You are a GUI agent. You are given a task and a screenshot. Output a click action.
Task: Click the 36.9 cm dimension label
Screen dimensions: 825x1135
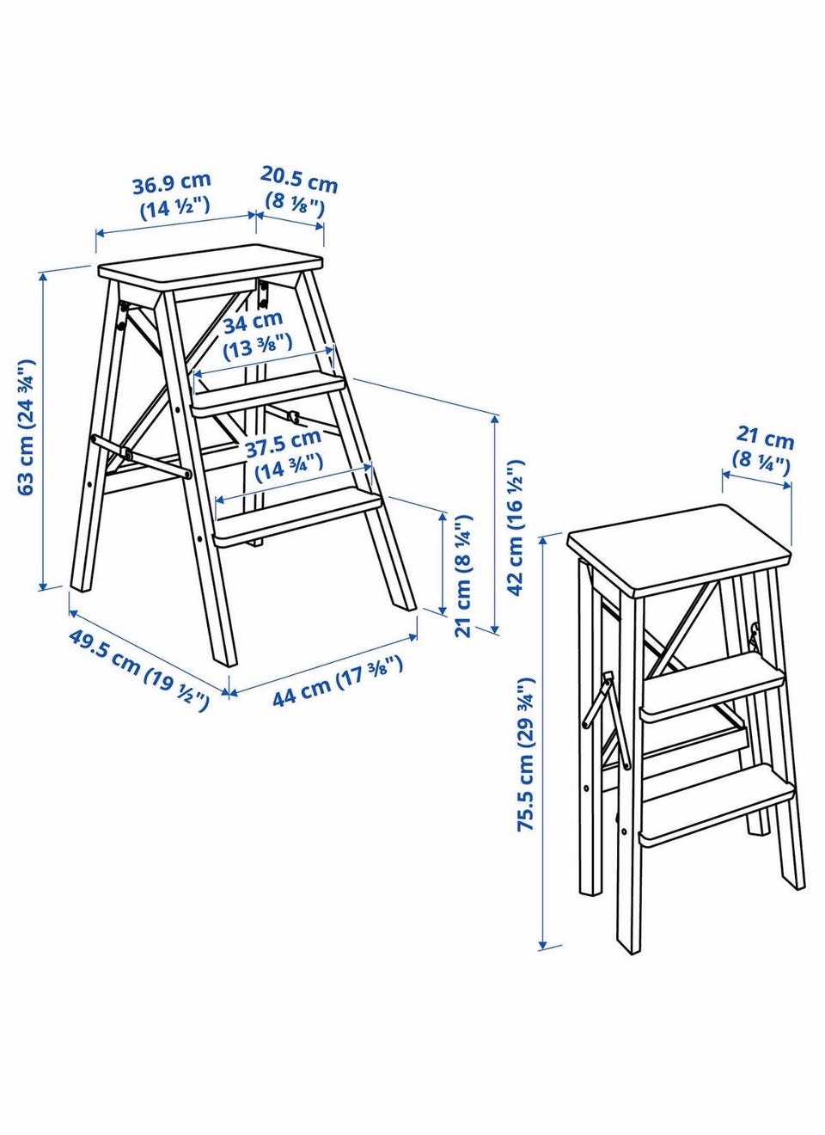[x=172, y=194]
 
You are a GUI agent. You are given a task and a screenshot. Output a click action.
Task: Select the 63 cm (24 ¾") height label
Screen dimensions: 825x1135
[x=26, y=427]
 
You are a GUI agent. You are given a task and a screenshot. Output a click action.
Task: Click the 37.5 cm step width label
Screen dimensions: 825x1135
[x=286, y=455]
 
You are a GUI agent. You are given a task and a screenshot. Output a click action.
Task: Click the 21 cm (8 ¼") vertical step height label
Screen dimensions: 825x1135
[x=462, y=575]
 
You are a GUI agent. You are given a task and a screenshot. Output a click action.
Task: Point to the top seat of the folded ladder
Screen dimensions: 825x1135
[x=679, y=550]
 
